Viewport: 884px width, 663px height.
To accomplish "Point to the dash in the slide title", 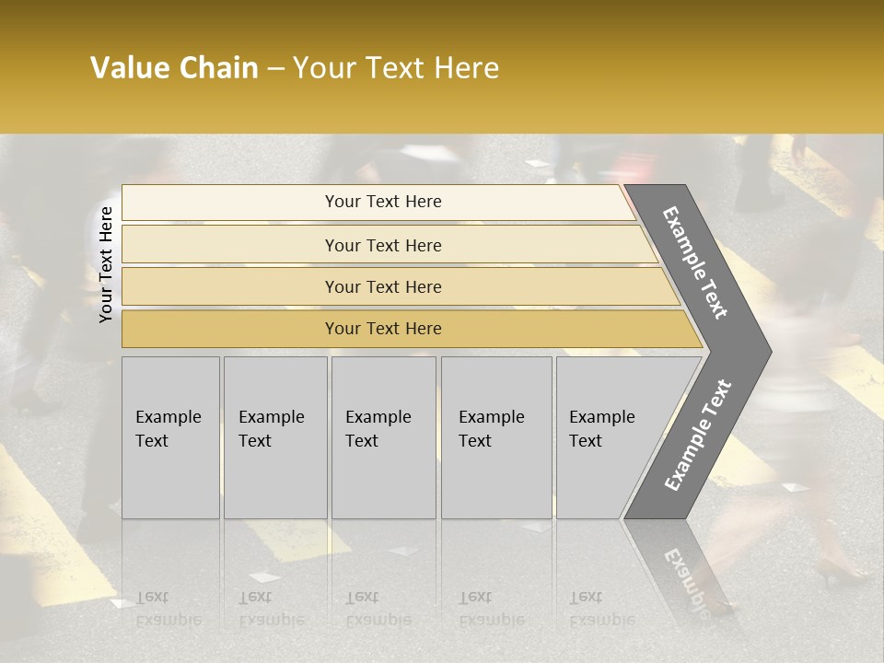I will (275, 69).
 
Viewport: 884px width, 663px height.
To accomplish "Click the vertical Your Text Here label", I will (106, 264).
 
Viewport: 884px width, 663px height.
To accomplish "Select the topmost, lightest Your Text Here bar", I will (382, 202).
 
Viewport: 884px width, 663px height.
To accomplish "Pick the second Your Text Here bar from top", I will (382, 245).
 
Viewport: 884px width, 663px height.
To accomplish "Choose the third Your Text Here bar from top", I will (382, 286).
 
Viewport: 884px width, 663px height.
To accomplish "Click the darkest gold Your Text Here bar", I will (382, 329).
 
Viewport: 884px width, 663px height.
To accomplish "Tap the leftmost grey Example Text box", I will (170, 437).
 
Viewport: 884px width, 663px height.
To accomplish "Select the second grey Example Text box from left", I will (275, 437).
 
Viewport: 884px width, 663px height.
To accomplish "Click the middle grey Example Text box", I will (383, 437).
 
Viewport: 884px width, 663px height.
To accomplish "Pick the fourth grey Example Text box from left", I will (496, 437).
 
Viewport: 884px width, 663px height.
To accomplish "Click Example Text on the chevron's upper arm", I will (696, 262).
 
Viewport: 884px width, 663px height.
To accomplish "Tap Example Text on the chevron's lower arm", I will (698, 436).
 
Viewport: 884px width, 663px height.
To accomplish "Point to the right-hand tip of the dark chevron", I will (769, 352).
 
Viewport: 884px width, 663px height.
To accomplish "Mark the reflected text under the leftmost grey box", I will (168, 609).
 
